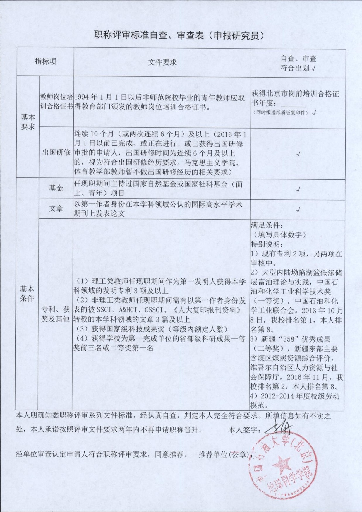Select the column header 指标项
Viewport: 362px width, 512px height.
45,61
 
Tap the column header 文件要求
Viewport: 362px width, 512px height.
162,62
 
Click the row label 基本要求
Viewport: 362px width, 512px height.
28,122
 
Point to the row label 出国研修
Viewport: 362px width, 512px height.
56,153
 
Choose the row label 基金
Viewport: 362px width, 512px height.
56,188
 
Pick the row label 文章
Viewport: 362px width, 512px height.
56,208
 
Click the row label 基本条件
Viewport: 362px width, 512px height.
27,294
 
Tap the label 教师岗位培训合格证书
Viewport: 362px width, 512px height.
56,102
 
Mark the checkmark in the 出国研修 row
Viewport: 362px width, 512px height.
298,154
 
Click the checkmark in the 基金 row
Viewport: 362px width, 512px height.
298,190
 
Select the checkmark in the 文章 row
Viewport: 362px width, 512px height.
298,210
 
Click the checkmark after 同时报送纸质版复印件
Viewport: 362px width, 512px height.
314,113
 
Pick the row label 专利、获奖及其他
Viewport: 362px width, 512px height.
56,314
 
